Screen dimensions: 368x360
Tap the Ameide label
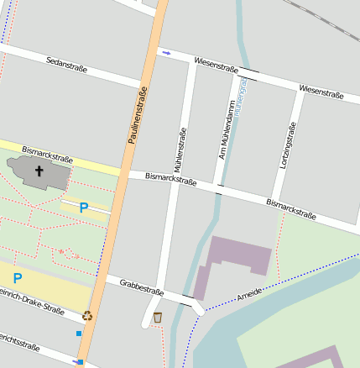[x=249, y=293]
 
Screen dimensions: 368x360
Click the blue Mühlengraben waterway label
[x=242, y=95]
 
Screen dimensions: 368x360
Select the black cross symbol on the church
[x=39, y=171]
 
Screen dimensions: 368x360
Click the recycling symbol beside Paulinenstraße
[x=87, y=317]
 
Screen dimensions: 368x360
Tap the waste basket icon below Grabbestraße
[x=158, y=317]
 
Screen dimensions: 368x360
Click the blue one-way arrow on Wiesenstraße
[x=166, y=53]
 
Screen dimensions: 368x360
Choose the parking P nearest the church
[x=84, y=207]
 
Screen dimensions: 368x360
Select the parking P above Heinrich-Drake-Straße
[x=17, y=278]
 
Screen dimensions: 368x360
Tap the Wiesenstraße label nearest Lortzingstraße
[x=321, y=92]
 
